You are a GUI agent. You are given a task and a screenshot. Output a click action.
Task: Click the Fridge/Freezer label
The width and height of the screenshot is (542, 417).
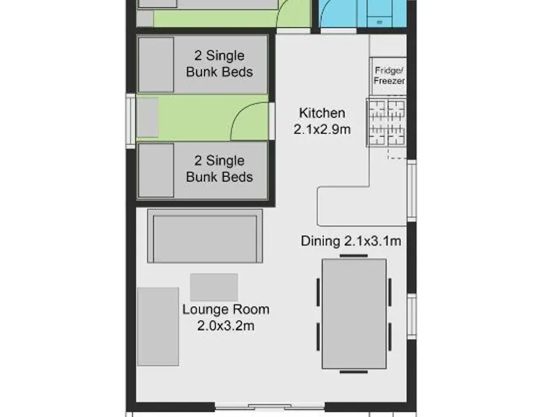click(x=389, y=76)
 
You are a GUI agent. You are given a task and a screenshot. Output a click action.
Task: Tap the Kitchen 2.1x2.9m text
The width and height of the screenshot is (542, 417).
click(x=322, y=121)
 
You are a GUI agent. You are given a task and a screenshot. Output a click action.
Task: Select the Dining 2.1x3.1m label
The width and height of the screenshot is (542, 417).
click(x=351, y=241)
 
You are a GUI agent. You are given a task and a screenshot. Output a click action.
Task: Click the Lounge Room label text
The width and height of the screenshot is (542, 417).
click(x=226, y=309)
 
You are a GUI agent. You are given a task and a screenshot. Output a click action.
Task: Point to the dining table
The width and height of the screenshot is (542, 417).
click(x=355, y=314)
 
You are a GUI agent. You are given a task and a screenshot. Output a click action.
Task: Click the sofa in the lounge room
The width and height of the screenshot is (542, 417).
click(x=205, y=236)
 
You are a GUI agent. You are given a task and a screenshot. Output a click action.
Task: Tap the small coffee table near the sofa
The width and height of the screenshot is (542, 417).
click(x=214, y=288)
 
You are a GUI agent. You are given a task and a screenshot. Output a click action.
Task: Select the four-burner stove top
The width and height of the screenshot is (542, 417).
click(x=387, y=123)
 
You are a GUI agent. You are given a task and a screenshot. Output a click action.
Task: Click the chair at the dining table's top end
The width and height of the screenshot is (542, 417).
click(x=354, y=256)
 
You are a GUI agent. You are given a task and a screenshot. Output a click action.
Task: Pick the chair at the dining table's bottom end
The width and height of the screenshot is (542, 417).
click(x=354, y=372)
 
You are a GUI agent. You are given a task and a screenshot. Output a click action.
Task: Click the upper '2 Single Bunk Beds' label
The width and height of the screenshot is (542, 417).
click(x=219, y=64)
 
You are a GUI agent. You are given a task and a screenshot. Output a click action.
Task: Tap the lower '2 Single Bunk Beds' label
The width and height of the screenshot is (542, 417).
click(x=219, y=169)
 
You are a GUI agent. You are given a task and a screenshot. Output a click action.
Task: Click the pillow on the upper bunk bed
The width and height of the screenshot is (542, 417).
click(x=156, y=65)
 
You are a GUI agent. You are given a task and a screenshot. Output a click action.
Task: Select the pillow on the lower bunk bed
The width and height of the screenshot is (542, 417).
click(x=156, y=171)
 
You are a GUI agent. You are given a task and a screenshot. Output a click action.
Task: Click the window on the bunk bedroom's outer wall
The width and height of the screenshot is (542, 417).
click(x=131, y=121)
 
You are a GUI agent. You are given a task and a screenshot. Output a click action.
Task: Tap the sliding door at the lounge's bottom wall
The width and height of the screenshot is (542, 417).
click(x=270, y=407)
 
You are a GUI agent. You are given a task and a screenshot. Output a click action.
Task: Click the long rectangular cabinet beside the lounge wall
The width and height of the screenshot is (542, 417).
click(x=158, y=326)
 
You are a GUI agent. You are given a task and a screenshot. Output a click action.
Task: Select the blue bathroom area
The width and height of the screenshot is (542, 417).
click(x=363, y=13)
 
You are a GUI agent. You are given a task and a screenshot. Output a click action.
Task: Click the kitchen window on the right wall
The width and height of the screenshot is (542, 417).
click(x=412, y=190)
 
